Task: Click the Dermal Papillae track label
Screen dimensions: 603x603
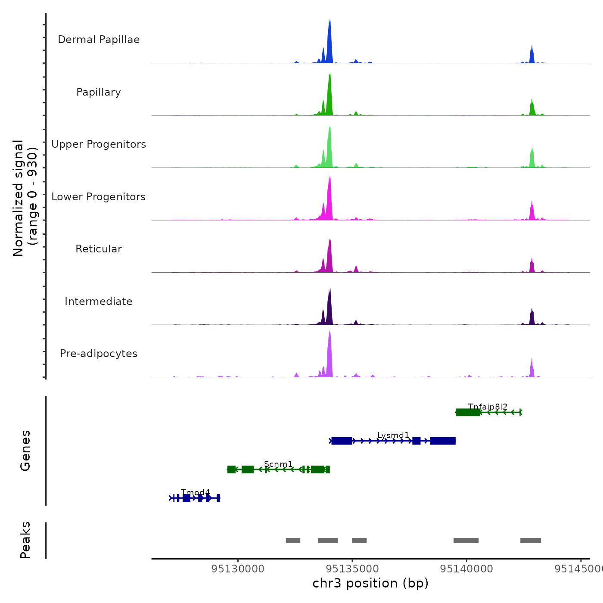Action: (99, 40)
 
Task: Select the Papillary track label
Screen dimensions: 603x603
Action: (99, 92)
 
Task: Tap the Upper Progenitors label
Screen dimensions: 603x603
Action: (99, 144)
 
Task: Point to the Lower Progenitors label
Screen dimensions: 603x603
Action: (99, 197)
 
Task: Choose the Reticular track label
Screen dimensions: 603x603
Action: (99, 249)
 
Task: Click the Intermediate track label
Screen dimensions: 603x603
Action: (99, 301)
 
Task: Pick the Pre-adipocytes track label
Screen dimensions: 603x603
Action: (99, 354)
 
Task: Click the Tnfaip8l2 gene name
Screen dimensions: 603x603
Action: (488, 407)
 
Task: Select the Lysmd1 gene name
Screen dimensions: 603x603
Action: (393, 435)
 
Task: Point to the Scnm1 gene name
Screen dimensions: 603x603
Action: (278, 464)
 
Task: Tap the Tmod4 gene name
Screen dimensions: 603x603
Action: (196, 492)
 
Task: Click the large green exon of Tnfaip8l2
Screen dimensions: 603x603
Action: (468, 413)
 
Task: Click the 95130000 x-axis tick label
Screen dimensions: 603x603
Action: (238, 569)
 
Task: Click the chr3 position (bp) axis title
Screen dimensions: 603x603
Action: (370, 583)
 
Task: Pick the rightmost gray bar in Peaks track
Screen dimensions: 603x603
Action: (531, 541)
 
